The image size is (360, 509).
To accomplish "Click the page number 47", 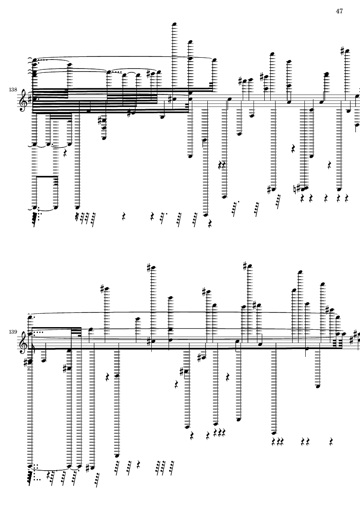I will coord(339,11).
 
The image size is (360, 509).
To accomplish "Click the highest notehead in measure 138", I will coord(175,24).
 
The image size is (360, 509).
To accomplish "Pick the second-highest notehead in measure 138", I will coord(190,42).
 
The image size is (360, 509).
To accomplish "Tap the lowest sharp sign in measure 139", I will coord(88,468).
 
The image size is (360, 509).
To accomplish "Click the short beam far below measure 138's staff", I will coord(46,176).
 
